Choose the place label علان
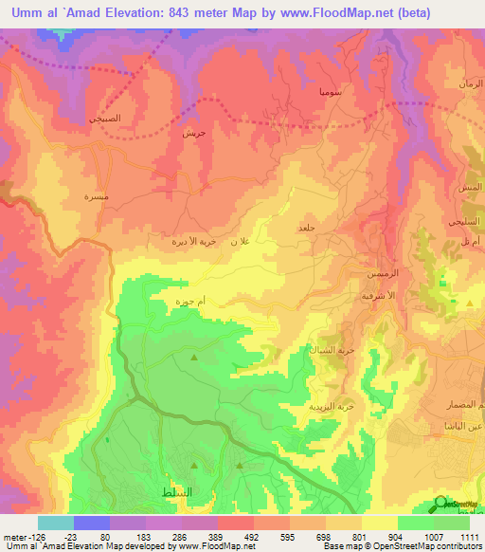[x=243, y=242]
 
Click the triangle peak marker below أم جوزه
[x=194, y=358]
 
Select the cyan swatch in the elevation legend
[x=56, y=523]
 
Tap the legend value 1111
[x=469, y=536]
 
